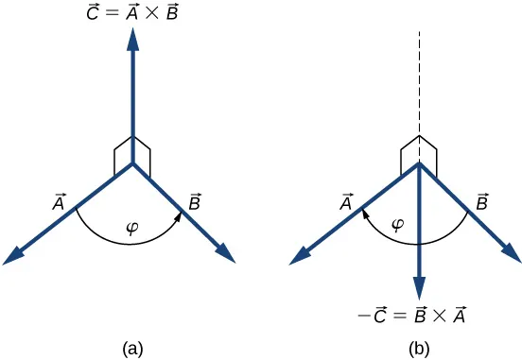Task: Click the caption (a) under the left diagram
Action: tap(132, 349)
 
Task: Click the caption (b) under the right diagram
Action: tap(419, 349)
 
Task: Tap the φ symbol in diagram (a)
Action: tap(132, 229)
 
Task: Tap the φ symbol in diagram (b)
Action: tap(398, 225)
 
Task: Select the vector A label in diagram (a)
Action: tap(59, 201)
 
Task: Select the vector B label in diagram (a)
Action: tap(195, 201)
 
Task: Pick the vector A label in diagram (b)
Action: tap(346, 201)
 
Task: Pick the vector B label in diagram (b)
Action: tap(481, 201)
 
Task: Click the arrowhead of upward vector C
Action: tap(133, 39)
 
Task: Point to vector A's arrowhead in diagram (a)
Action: tap(13, 257)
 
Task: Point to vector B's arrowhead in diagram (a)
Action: tap(226, 253)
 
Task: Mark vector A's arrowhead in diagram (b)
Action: tap(300, 257)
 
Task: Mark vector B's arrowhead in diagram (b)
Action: tap(512, 253)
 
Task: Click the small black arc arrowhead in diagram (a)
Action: tap(179, 217)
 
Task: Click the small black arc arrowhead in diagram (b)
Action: tap(365, 214)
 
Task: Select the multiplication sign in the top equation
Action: tap(152, 13)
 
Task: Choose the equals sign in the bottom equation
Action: tap(400, 316)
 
